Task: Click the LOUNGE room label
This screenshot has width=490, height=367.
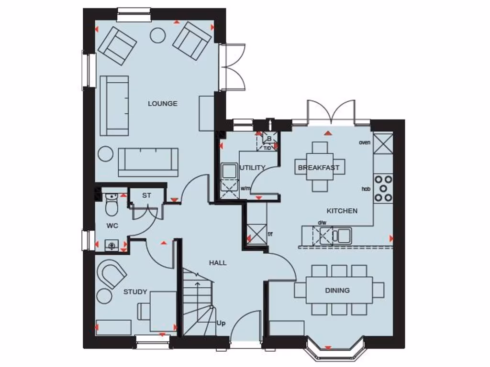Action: (162, 104)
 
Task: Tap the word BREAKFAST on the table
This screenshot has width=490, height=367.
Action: (319, 168)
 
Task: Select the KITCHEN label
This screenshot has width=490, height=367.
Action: (342, 211)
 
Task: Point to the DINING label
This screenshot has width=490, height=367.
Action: (337, 290)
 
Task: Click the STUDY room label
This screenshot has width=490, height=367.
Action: (135, 292)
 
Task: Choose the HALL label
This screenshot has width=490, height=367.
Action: (218, 263)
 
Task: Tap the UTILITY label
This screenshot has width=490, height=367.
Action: (253, 168)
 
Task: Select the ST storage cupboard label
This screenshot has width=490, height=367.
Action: (146, 195)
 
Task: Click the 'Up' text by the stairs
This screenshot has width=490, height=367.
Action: (221, 323)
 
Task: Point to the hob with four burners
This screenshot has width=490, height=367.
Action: (383, 188)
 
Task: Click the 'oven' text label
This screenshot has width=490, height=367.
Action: (365, 142)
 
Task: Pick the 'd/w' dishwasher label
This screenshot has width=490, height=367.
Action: (322, 222)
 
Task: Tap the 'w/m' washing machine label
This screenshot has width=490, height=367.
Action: (245, 188)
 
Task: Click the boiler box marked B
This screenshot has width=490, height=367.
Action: (269, 139)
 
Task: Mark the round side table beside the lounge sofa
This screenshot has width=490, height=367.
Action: (105, 154)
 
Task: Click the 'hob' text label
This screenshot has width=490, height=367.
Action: (366, 189)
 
